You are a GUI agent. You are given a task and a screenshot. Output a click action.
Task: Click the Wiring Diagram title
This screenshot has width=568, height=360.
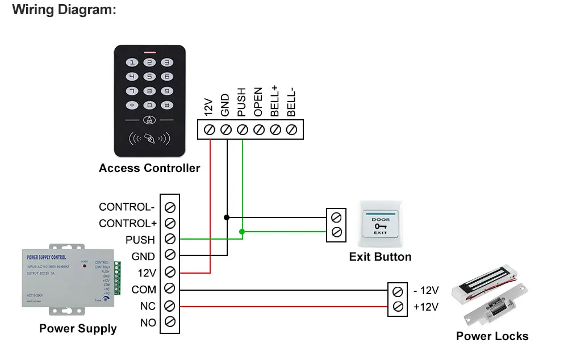[64, 10]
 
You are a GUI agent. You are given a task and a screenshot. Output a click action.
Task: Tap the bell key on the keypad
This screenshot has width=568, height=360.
[149, 120]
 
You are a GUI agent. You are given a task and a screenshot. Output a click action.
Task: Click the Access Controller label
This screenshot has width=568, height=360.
[149, 168]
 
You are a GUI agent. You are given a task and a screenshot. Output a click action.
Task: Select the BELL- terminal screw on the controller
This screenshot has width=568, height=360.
[292, 130]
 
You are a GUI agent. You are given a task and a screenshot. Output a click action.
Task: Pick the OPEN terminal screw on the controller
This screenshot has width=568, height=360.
[258, 130]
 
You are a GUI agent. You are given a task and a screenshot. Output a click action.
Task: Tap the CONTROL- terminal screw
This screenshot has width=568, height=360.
[169, 207]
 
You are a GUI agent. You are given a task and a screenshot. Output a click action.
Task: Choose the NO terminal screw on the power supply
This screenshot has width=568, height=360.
[169, 323]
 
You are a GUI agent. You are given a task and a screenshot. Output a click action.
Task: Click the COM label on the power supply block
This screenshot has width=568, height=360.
[144, 290]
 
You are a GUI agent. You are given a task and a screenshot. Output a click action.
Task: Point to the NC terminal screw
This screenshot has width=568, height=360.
[169, 306]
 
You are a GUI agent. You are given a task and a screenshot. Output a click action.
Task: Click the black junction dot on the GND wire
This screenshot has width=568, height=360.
[227, 217]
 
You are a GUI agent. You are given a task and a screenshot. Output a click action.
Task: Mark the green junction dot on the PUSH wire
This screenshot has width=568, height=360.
[243, 232]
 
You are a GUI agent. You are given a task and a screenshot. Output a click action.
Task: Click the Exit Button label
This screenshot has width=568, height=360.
[380, 257]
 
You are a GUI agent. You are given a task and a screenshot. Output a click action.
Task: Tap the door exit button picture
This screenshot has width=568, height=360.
[380, 225]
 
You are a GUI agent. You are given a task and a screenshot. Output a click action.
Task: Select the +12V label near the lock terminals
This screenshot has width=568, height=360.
[426, 307]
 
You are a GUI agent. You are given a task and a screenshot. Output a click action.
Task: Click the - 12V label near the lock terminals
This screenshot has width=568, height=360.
[426, 291]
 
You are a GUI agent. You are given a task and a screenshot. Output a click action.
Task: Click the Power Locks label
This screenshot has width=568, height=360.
[492, 336]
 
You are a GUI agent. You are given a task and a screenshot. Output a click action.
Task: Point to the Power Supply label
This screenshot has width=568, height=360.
[78, 328]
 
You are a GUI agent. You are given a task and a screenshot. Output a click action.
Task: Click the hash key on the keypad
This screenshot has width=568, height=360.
[166, 105]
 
